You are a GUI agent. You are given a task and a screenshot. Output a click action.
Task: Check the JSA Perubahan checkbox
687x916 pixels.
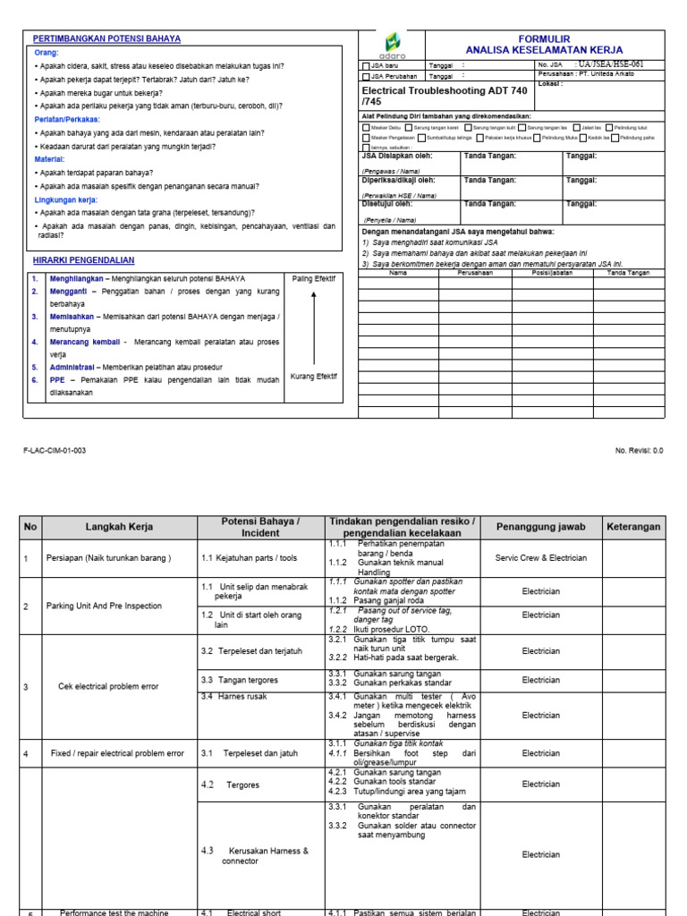tap(364, 77)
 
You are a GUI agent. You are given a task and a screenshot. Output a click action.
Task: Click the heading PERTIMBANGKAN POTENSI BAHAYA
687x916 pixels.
tap(106, 39)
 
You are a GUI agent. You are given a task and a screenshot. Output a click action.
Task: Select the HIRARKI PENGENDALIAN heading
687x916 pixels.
tap(83, 260)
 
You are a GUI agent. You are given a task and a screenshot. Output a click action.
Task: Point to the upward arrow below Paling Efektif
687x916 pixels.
tap(313, 327)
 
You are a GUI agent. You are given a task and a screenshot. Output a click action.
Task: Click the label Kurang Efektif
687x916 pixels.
tap(313, 377)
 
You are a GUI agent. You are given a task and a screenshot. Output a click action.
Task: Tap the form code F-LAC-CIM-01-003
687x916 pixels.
tap(55, 451)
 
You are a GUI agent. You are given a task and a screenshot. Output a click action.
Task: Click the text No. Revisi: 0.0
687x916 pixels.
tap(639, 451)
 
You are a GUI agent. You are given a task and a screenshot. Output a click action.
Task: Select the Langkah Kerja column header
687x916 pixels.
tap(120, 528)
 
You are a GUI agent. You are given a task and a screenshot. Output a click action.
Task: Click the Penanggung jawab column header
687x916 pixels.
tap(540, 528)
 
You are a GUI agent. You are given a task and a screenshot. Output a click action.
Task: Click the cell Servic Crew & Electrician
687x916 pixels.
tap(540, 558)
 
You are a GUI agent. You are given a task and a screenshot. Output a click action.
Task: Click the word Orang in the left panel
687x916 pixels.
tap(46, 54)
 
